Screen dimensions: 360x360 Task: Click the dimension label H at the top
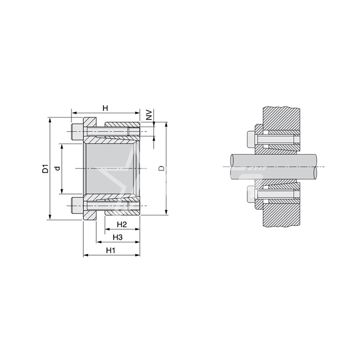[x=105, y=108]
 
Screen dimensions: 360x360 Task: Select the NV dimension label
[x=149, y=114]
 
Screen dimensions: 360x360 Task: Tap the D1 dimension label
[x=45, y=168]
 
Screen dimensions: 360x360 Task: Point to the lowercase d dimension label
[x=58, y=168]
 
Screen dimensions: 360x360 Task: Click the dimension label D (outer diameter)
[x=161, y=168]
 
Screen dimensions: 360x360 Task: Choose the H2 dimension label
[x=121, y=225]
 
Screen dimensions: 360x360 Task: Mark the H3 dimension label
[x=117, y=237]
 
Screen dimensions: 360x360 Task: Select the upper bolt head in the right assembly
[x=251, y=139]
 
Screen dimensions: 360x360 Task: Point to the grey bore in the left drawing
[x=111, y=168]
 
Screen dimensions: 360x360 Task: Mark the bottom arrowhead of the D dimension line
[x=167, y=212]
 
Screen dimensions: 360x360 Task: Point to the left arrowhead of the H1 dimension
[x=85, y=255]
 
